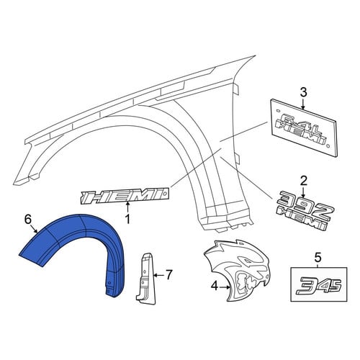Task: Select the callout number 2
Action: (x=303, y=181)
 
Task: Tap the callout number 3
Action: (x=303, y=92)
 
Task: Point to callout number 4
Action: (x=214, y=286)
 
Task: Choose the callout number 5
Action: (x=318, y=258)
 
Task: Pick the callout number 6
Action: (x=28, y=220)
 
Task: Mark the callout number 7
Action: (x=169, y=274)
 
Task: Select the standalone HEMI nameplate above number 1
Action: (x=125, y=195)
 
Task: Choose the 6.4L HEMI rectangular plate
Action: (x=305, y=127)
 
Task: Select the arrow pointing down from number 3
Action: (x=303, y=104)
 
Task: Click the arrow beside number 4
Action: (x=225, y=287)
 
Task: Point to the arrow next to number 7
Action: (x=160, y=275)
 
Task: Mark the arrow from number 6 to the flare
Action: (x=35, y=230)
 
